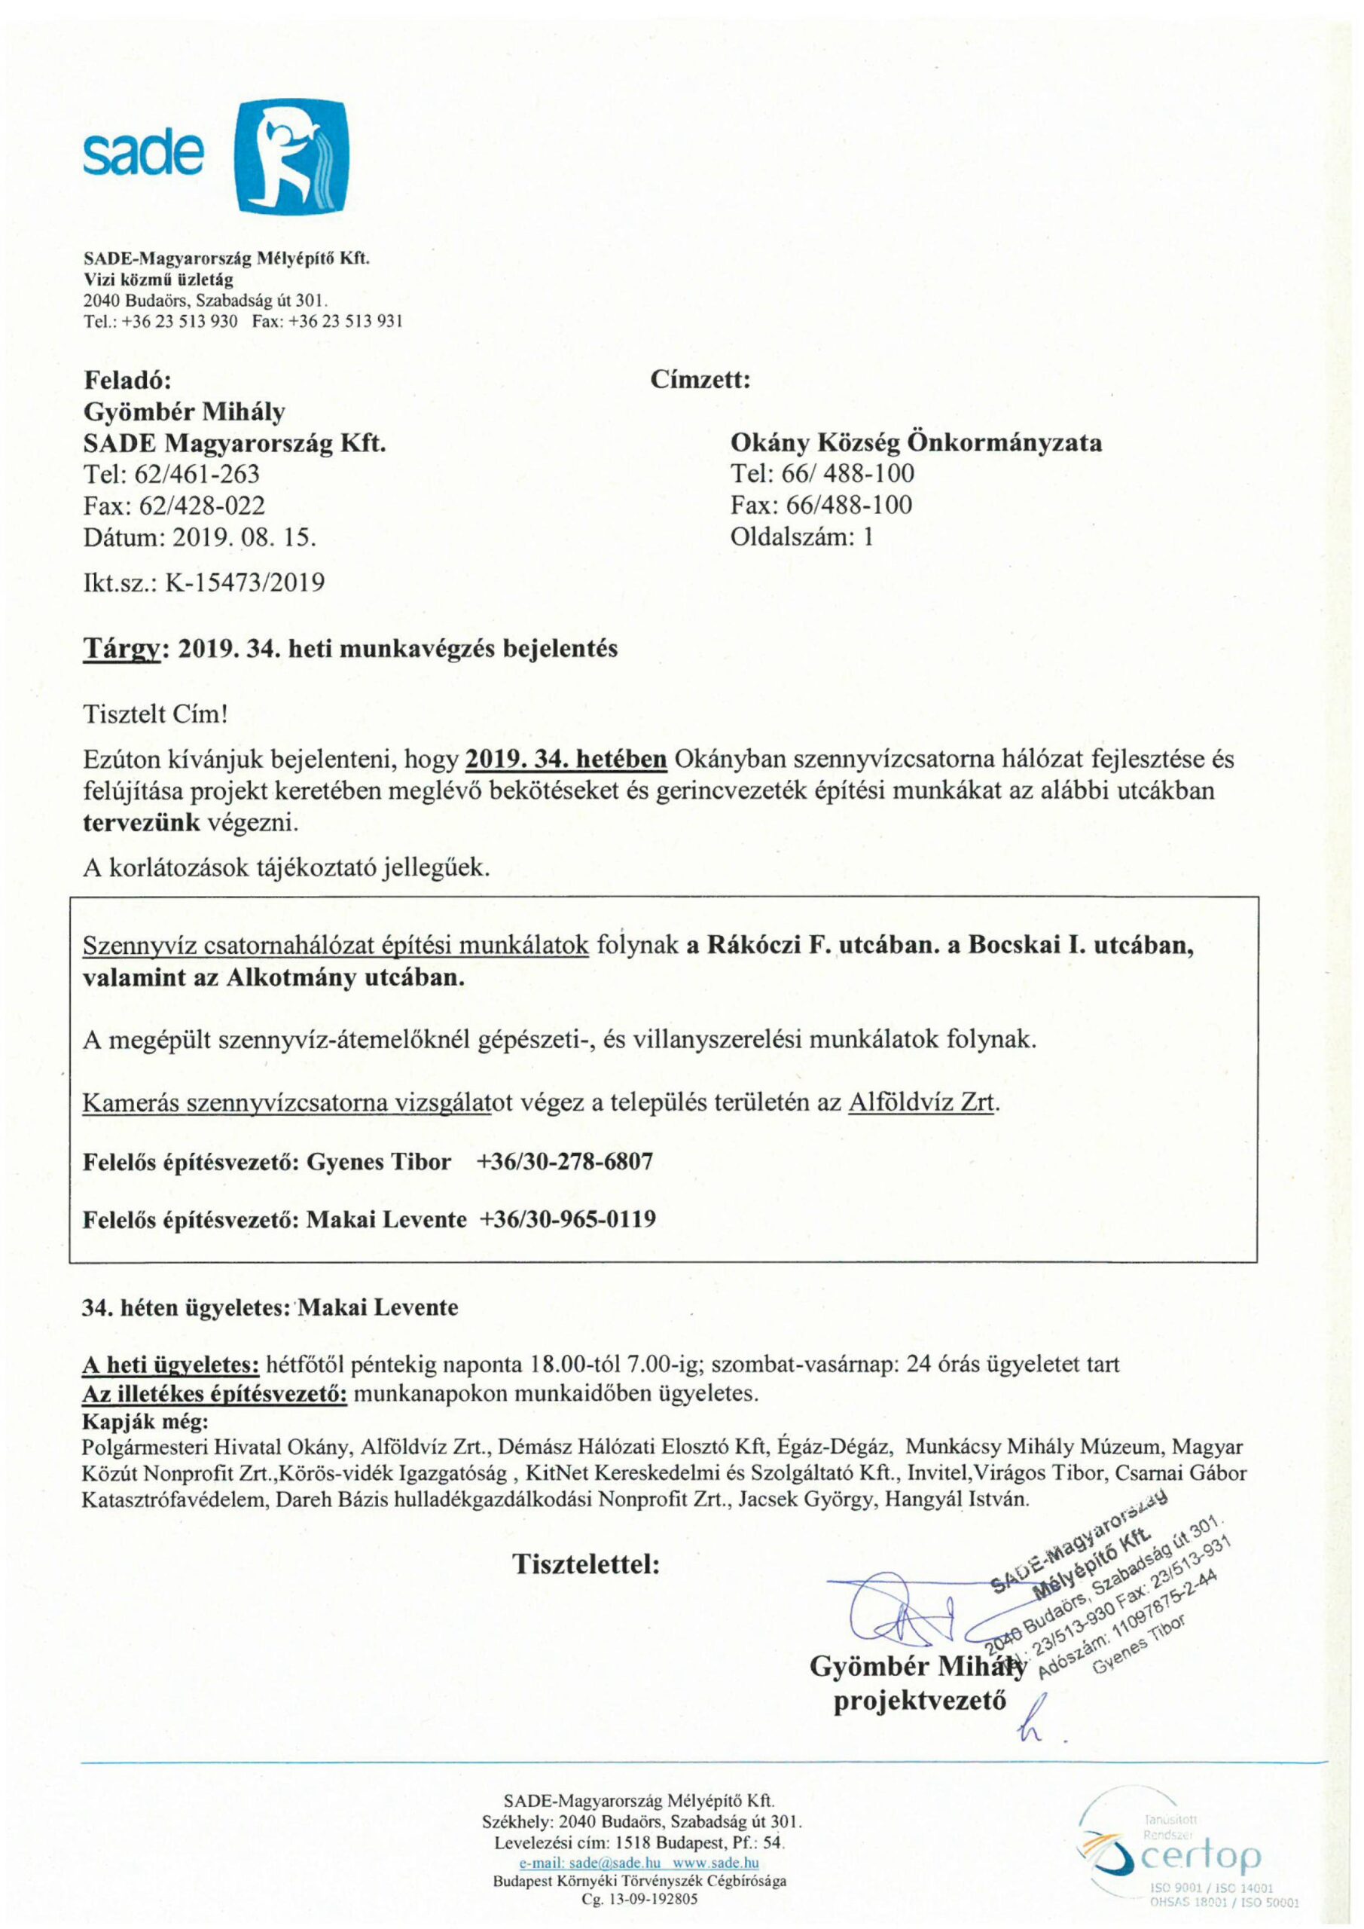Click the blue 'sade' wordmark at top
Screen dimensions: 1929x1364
coord(143,154)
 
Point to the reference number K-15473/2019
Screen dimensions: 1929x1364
coord(245,583)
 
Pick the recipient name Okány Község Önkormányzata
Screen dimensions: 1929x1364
coord(916,443)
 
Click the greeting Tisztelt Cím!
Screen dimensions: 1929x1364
coord(155,715)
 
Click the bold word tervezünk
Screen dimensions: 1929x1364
coord(141,823)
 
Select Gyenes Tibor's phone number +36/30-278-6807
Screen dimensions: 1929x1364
coord(564,1162)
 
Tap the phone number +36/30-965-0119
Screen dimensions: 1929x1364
coord(567,1219)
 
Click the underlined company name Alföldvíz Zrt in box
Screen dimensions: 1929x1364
coord(922,1102)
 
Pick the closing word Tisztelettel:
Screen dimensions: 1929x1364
coord(586,1564)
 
